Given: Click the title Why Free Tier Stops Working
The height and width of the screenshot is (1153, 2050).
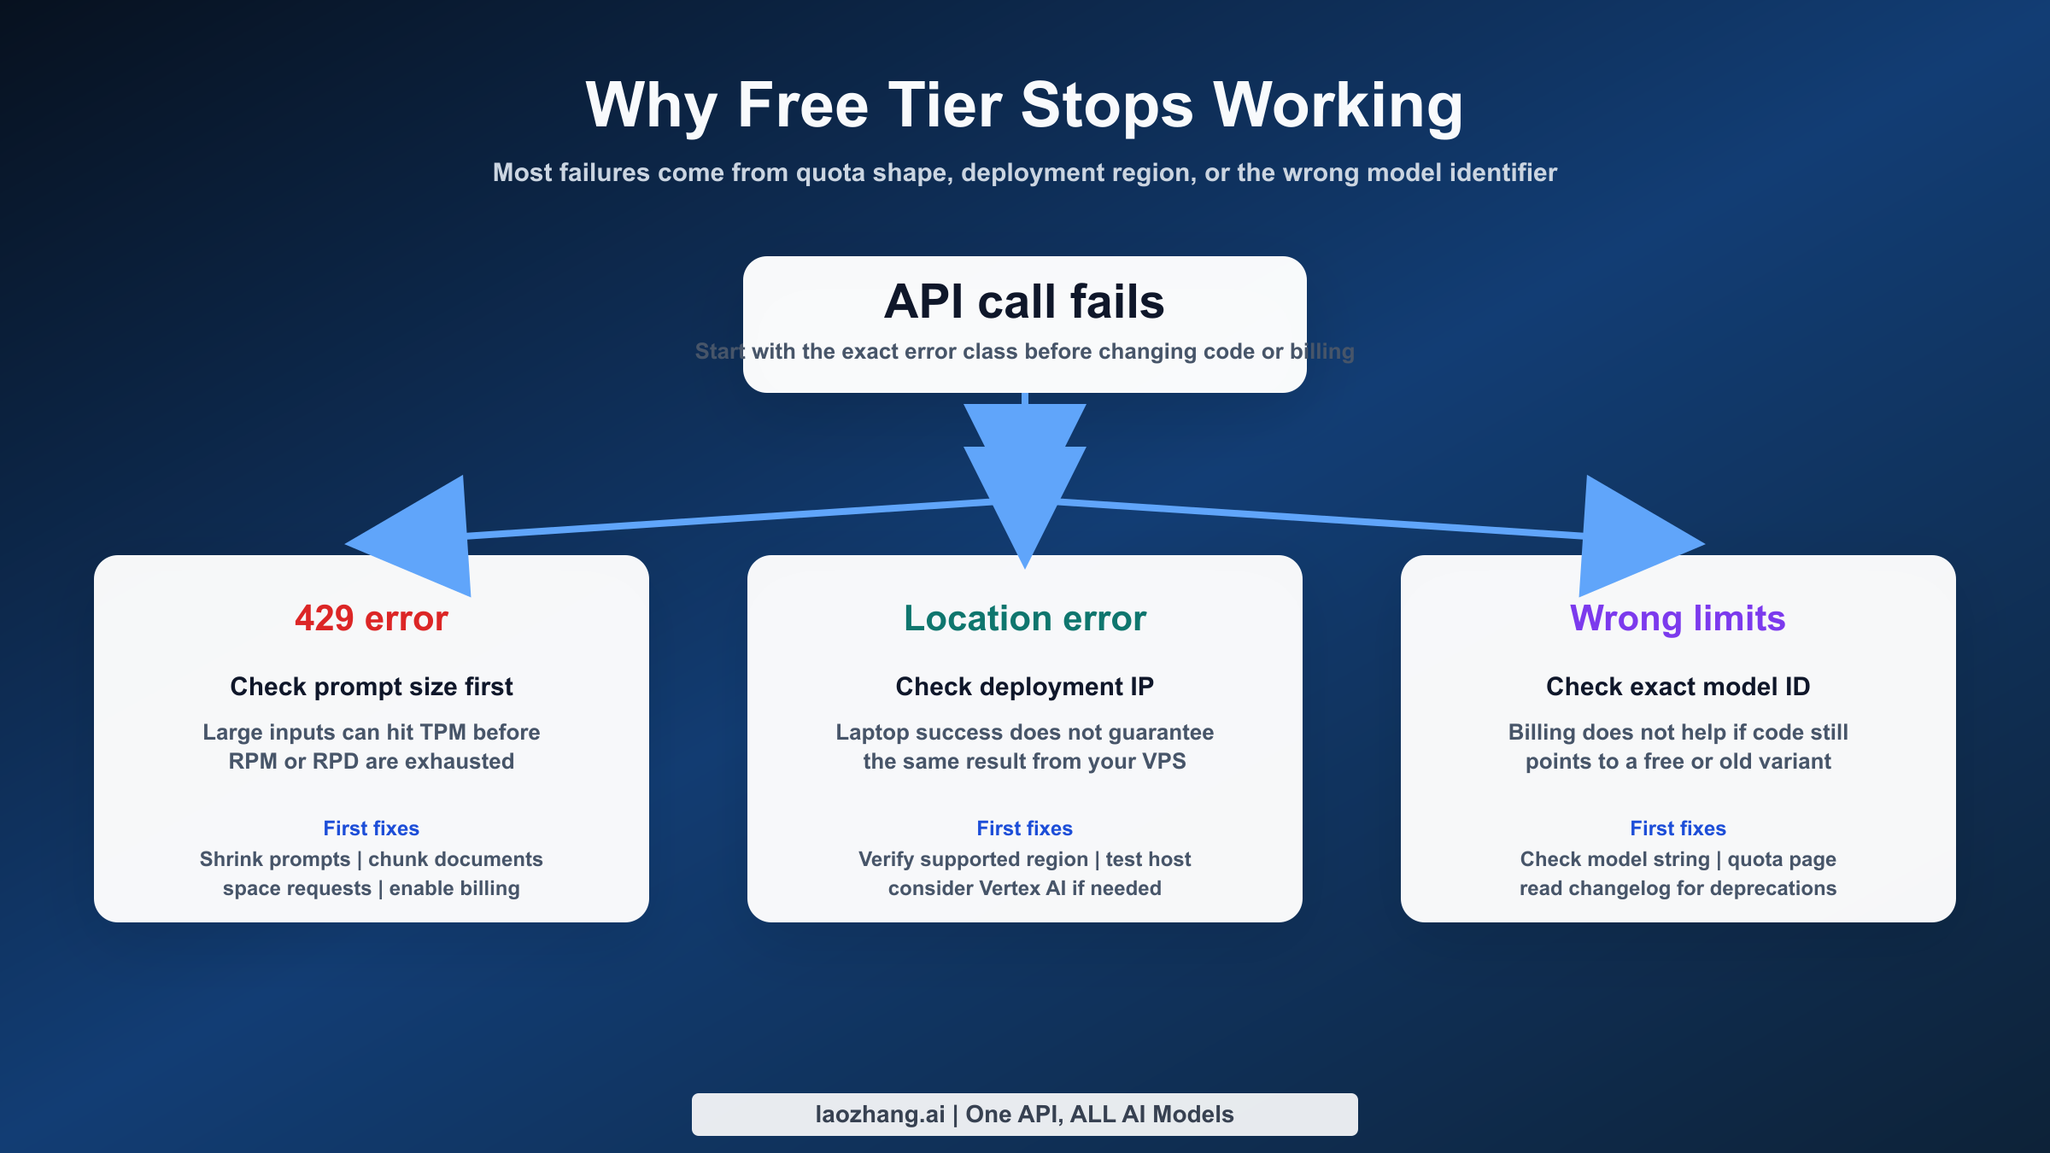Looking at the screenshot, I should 1024,106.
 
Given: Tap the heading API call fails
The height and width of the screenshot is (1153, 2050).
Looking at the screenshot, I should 1024,301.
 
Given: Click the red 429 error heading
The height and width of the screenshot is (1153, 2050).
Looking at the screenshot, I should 371,618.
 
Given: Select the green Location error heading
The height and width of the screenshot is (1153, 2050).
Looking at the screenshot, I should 1024,618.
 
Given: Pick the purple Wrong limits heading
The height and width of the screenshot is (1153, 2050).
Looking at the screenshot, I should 1678,618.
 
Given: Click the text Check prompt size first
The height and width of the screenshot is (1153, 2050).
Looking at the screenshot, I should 371,687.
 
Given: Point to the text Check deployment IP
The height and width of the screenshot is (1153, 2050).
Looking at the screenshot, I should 1024,687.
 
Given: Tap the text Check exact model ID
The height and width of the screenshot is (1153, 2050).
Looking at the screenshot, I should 1678,687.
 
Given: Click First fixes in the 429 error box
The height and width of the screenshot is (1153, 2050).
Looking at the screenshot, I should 371,828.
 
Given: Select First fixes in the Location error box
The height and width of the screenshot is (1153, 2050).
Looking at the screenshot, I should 1024,828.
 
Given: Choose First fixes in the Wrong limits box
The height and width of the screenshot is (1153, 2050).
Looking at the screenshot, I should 1678,828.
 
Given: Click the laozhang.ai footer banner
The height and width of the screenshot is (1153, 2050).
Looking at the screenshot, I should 1024,1115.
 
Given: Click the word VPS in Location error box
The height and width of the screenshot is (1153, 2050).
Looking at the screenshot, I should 1163,762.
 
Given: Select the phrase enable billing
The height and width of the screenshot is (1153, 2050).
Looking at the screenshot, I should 454,889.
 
